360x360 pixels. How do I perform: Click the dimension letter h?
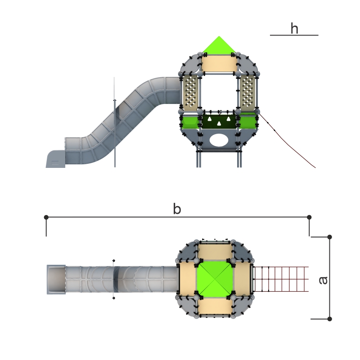294,28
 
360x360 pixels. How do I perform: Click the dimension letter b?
177,209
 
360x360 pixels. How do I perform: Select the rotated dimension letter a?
323,280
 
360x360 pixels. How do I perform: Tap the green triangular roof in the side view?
219,45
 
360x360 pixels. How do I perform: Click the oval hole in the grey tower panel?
219,140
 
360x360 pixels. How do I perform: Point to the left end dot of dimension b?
46,217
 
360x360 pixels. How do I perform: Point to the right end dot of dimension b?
309,217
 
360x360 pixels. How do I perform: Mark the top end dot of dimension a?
329,237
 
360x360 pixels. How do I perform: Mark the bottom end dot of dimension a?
329,319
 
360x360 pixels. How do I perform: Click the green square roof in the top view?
215,279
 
